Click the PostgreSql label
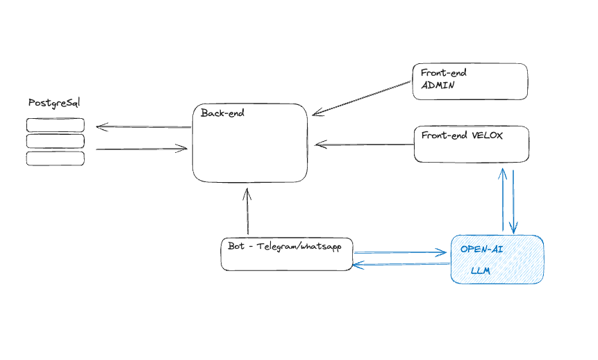[x=54, y=103]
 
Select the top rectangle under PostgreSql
[x=56, y=125]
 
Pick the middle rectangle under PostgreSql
[x=56, y=141]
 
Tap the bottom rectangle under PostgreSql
[x=56, y=158]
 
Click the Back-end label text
[x=222, y=113]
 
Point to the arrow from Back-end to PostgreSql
[x=144, y=126]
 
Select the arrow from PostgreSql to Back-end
[x=142, y=148]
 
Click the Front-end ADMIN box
[x=470, y=81]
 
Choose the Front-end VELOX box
[x=472, y=145]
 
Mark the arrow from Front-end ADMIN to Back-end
[x=361, y=97]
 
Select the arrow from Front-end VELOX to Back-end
[x=365, y=145]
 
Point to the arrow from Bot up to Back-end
[x=247, y=211]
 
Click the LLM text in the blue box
[x=481, y=271]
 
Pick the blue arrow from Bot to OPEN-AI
[x=400, y=252]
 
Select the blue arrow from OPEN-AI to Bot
[x=400, y=264]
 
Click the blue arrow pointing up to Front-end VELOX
[x=503, y=200]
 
